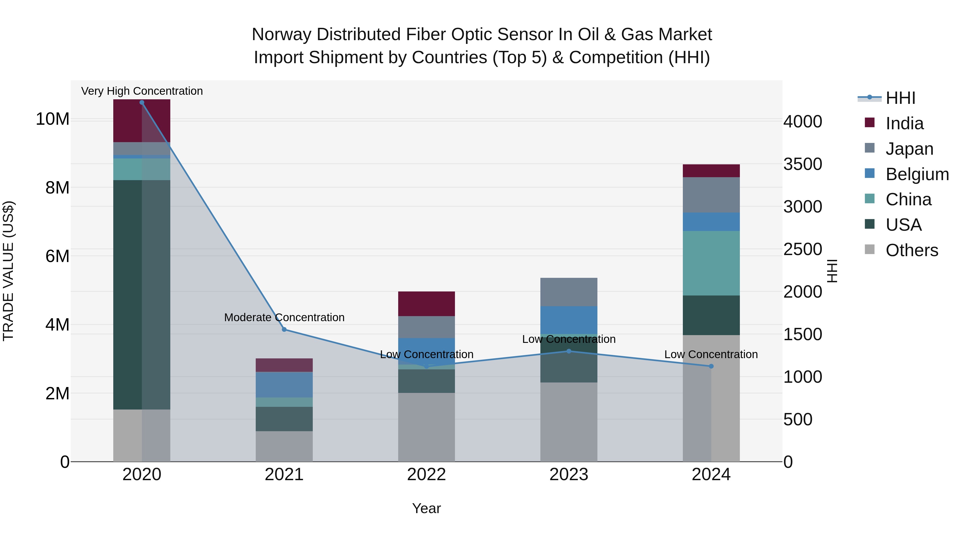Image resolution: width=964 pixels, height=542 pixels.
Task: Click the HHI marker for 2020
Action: click(142, 103)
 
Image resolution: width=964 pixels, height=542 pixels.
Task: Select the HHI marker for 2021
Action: click(284, 329)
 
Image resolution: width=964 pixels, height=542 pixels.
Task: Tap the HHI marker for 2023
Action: click(569, 351)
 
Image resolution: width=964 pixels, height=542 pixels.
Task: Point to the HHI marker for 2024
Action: click(711, 366)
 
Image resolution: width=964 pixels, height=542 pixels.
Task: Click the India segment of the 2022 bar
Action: click(426, 304)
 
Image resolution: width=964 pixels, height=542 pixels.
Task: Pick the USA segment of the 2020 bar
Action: click(142, 294)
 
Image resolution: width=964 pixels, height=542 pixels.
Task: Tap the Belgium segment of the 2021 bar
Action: click(284, 385)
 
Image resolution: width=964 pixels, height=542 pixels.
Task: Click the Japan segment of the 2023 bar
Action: click(569, 292)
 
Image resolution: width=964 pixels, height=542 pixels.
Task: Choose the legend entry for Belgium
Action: click(917, 174)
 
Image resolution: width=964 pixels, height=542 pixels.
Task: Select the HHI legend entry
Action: click(900, 98)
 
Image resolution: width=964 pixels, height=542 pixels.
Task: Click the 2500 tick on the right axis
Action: click(803, 249)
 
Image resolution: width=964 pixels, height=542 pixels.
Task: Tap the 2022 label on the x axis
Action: click(426, 475)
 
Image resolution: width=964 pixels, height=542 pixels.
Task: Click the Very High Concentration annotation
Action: click(142, 91)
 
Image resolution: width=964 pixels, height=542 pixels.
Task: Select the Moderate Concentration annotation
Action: click(284, 317)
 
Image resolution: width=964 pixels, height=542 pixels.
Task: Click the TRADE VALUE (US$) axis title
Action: click(8, 271)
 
